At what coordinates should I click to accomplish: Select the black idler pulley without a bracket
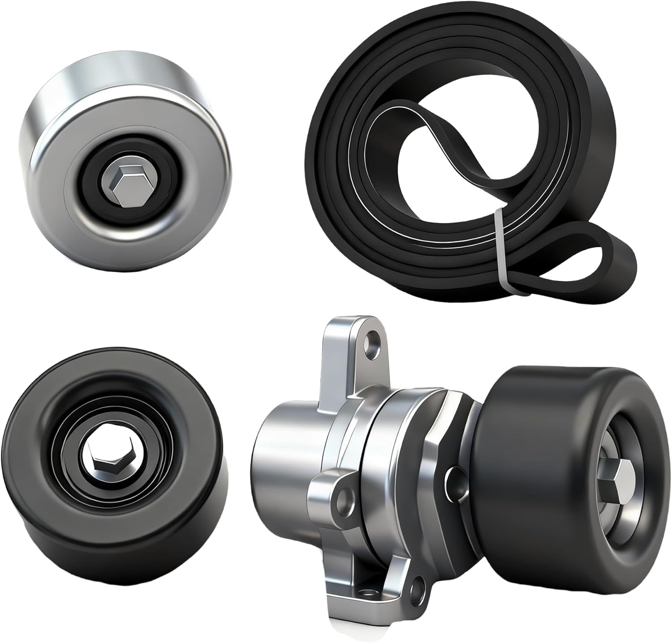pyautogui.click(x=103, y=470)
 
